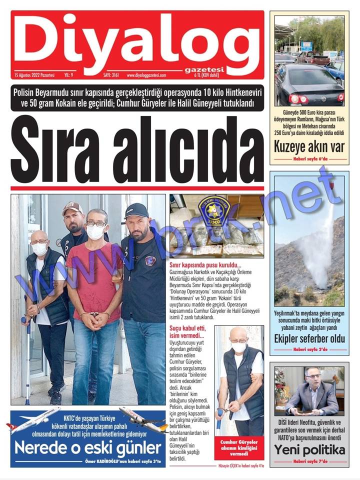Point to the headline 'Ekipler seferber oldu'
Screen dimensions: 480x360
coord(309,338)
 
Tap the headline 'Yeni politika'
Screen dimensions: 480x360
coord(309,449)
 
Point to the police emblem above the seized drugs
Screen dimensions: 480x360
coord(215,209)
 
